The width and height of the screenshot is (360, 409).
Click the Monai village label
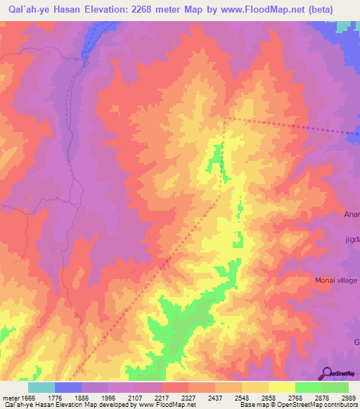tap(335, 280)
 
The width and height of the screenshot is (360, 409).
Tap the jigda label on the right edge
tap(352, 239)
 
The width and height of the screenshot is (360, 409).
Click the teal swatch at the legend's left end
tap(41, 387)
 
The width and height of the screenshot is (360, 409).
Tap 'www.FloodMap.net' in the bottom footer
tap(168, 405)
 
